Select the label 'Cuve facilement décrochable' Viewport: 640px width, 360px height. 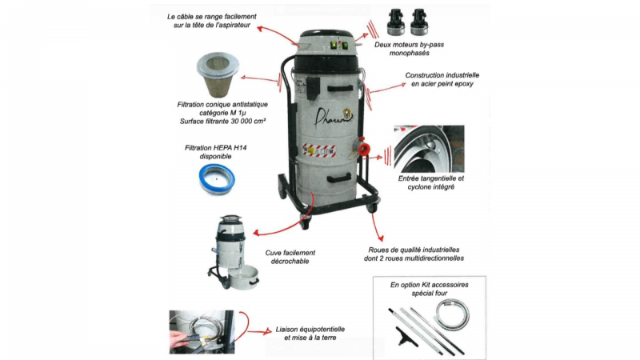point(291,256)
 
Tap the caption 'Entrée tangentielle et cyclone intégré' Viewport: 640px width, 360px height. point(430,183)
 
